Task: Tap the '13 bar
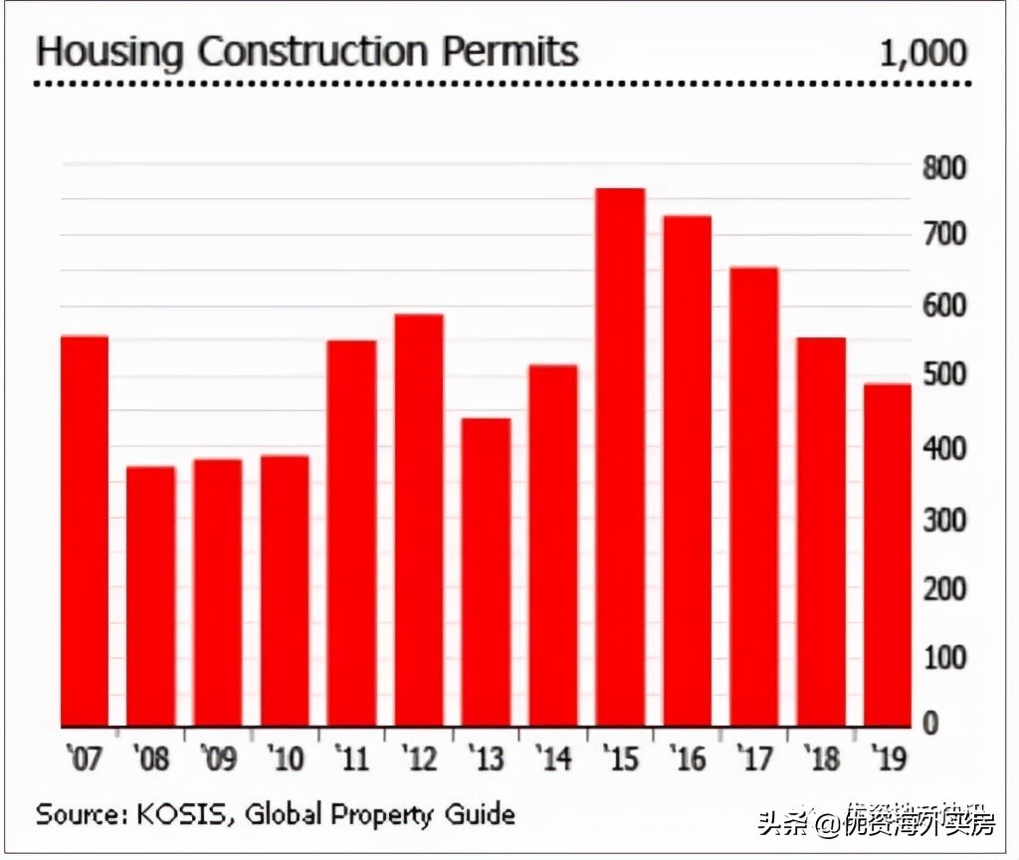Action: (486, 571)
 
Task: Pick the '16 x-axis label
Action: (686, 759)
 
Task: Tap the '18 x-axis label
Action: (820, 759)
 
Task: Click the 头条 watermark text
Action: (782, 824)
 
